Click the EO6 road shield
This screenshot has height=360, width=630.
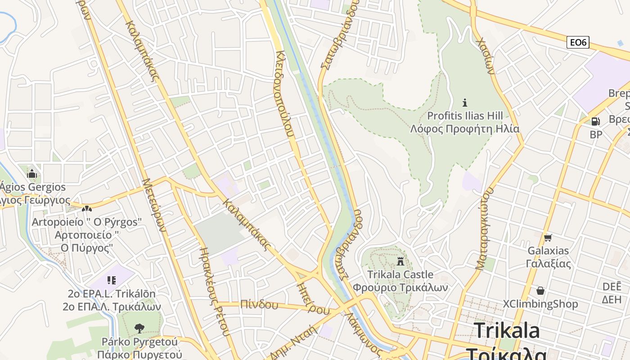click(x=578, y=43)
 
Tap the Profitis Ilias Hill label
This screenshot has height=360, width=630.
click(x=465, y=116)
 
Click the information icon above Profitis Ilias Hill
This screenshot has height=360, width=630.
click(x=465, y=103)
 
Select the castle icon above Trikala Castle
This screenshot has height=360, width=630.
click(x=400, y=261)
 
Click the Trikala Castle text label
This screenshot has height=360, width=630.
click(x=400, y=274)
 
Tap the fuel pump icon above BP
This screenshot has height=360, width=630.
click(x=595, y=121)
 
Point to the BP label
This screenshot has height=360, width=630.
click(x=596, y=134)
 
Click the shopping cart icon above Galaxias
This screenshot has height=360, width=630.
click(x=548, y=238)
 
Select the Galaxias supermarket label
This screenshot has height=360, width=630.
click(x=548, y=251)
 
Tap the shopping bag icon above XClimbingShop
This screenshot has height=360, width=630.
click(x=540, y=291)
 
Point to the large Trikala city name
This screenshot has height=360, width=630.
click(x=507, y=330)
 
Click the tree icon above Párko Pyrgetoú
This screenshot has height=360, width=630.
click(x=139, y=328)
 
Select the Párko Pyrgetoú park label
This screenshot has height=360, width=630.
click(x=141, y=342)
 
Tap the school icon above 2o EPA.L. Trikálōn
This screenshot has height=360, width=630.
click(x=112, y=281)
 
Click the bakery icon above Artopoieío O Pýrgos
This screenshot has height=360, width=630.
click(x=87, y=209)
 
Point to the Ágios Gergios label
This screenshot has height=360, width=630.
click(x=32, y=187)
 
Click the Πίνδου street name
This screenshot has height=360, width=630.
click(x=259, y=305)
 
